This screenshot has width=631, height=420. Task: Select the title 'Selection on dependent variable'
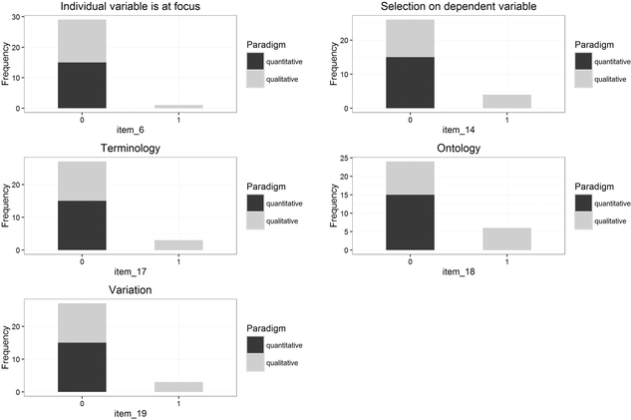click(444, 8)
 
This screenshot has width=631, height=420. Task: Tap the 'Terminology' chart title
click(130, 148)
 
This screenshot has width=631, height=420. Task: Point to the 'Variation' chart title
click(130, 289)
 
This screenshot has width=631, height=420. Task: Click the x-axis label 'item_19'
click(130, 413)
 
